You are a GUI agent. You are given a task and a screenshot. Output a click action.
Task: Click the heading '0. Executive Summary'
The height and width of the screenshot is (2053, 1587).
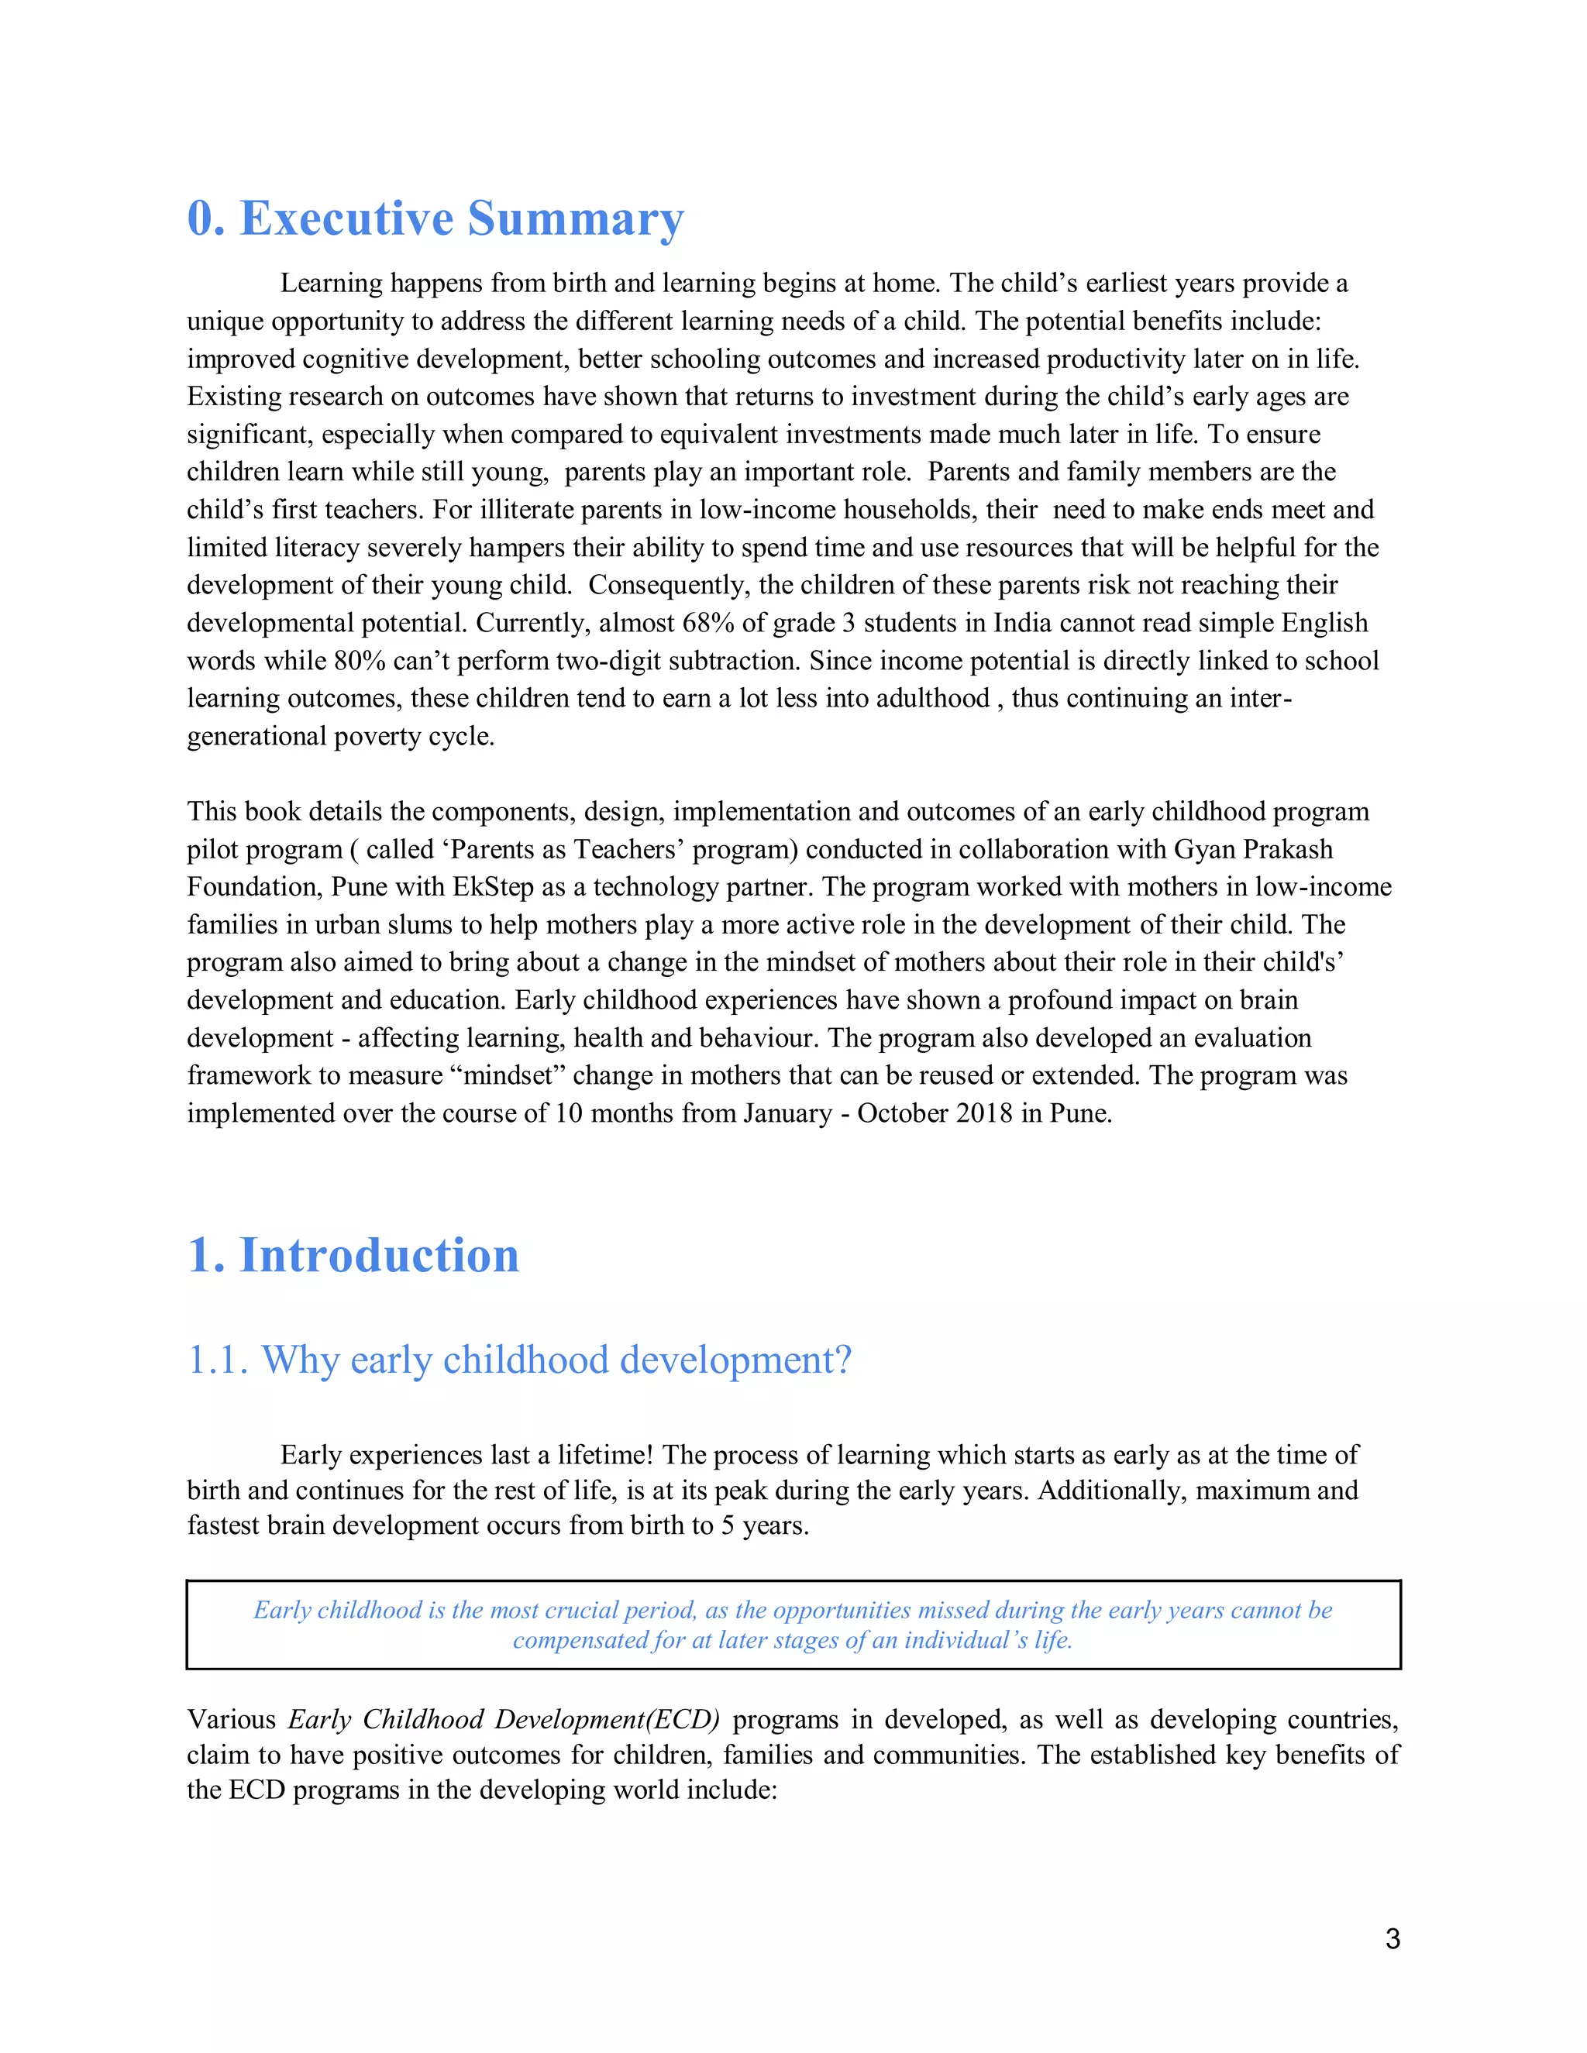click(x=435, y=218)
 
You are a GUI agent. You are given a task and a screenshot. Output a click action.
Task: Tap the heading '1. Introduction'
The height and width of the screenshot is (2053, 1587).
click(x=353, y=1255)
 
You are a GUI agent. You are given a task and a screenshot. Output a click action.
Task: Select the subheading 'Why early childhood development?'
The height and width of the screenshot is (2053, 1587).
click(x=556, y=1360)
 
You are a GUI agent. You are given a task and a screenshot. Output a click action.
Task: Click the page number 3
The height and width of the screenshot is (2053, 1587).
click(x=1392, y=1938)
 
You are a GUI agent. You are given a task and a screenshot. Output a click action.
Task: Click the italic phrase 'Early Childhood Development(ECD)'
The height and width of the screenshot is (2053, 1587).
click(x=504, y=1719)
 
